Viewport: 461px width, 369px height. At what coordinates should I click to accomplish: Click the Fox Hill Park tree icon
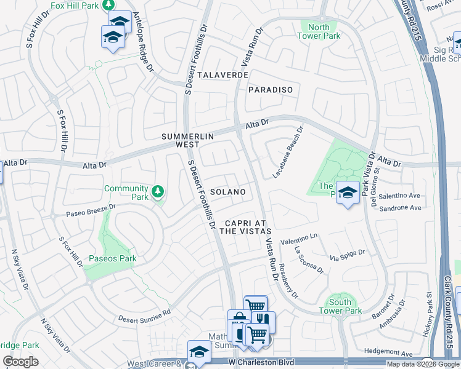pyautogui.click(x=108, y=5)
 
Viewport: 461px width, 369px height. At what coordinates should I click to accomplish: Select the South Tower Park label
pyautogui.click(x=340, y=306)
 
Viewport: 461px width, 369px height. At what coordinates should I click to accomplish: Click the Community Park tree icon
pyautogui.click(x=158, y=191)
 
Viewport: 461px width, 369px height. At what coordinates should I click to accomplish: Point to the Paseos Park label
pyautogui.click(x=112, y=258)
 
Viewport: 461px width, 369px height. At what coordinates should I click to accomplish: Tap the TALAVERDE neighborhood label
pyautogui.click(x=223, y=74)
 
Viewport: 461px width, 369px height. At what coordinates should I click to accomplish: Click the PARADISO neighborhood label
pyautogui.click(x=270, y=90)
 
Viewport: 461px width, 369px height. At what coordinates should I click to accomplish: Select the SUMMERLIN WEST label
pyautogui.click(x=180, y=140)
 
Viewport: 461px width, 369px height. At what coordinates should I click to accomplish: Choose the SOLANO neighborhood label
pyautogui.click(x=228, y=192)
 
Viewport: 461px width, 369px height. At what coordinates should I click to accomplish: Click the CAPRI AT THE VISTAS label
pyautogui.click(x=248, y=227)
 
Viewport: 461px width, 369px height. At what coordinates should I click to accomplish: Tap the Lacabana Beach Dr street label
pyautogui.click(x=289, y=153)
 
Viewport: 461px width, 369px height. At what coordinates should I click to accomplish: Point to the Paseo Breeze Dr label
pyautogui.click(x=91, y=210)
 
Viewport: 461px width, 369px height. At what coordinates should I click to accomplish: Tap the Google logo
pyautogui.click(x=20, y=362)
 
